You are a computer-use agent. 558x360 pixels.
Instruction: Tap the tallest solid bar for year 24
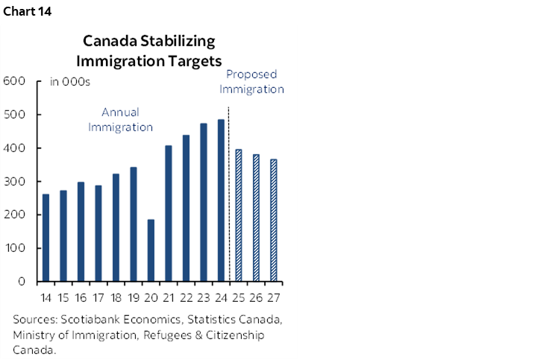(221, 200)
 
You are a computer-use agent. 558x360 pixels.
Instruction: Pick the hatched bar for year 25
(238, 215)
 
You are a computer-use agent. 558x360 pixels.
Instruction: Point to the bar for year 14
(46, 238)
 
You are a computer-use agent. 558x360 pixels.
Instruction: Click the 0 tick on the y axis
(22, 282)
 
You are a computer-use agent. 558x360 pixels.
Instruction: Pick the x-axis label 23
(204, 298)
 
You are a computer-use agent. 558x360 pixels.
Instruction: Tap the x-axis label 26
(256, 298)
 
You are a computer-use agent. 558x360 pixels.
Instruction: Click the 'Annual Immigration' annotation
(120, 120)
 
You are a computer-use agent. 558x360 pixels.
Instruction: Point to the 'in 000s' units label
(69, 82)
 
